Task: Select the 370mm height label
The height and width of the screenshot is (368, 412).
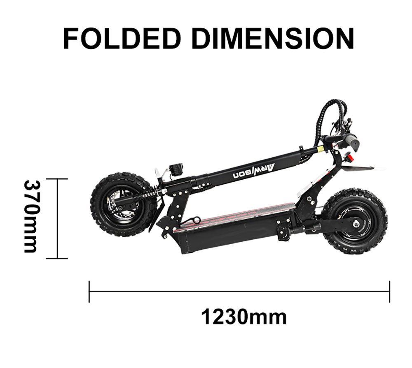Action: point(31,216)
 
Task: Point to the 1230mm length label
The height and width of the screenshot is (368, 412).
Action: point(244,317)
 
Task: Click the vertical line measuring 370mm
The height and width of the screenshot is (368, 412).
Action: point(57,218)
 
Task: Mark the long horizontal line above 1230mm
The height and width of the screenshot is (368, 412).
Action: point(239,292)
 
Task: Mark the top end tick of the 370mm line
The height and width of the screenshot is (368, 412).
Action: point(57,179)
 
